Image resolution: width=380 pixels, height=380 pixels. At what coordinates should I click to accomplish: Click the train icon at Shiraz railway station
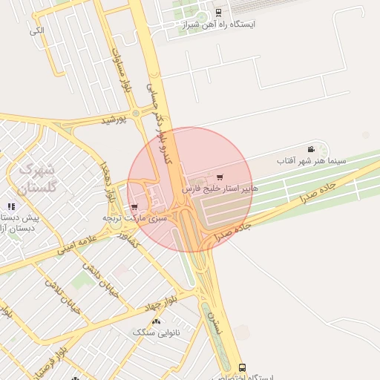click(x=217, y=13)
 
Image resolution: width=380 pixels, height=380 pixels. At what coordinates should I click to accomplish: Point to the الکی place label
click(x=37, y=31)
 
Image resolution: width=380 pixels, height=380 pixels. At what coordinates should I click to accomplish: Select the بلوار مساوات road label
click(x=122, y=71)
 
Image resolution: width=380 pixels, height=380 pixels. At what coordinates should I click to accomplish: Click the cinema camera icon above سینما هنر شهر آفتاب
click(x=310, y=149)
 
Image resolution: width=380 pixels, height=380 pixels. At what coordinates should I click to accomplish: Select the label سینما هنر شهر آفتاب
click(x=311, y=160)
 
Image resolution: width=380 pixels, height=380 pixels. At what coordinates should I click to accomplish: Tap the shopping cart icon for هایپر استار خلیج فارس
click(x=220, y=177)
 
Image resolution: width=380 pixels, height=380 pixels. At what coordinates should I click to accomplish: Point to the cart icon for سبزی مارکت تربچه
click(x=134, y=207)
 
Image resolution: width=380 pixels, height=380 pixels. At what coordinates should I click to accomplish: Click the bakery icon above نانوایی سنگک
click(x=156, y=321)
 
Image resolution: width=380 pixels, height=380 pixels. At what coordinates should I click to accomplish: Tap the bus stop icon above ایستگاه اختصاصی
click(x=242, y=367)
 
